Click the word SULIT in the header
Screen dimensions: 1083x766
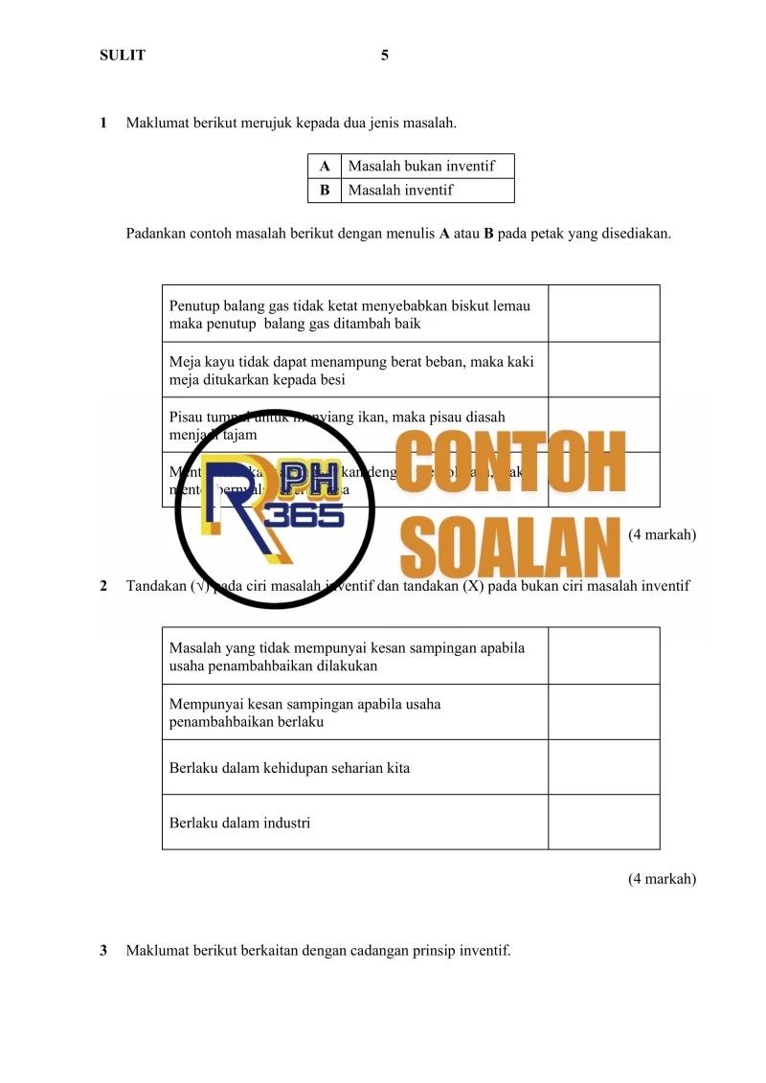pos(123,56)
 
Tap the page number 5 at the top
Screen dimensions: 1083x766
pos(385,56)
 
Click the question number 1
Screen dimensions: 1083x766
pos(103,124)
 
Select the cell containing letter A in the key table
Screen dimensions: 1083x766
pos(325,167)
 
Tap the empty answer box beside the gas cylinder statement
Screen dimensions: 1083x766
pos(603,314)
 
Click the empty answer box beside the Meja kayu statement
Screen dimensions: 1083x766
pos(603,370)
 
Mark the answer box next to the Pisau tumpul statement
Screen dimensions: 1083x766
pos(603,424)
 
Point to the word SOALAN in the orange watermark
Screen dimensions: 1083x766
pos(506,549)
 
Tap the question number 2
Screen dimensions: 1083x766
pos(103,586)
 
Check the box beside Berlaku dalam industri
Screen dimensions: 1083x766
pos(603,822)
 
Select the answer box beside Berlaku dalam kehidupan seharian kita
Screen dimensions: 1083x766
pos(603,767)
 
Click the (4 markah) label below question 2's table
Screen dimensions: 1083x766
pos(662,878)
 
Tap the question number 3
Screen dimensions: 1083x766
pos(103,951)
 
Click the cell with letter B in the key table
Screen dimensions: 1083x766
pos(325,190)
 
